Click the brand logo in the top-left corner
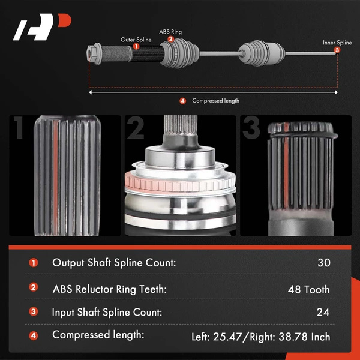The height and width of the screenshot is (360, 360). tap(42, 27)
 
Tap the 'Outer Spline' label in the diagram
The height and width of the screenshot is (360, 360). tap(136, 40)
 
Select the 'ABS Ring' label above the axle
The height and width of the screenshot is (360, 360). tap(170, 32)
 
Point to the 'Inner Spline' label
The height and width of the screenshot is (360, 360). tap(337, 43)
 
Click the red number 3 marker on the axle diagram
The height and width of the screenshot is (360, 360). tap(337, 50)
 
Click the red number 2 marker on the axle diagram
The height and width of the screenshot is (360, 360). tap(170, 39)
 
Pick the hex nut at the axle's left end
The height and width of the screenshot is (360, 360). tap(94, 54)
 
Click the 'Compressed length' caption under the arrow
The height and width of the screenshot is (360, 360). tap(215, 101)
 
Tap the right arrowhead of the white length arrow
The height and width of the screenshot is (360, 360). tap(336, 92)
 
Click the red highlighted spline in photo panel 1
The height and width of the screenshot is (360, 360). tap(56, 178)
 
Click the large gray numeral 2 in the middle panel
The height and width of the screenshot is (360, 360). tap(136, 128)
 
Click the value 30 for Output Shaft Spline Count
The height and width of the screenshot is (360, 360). tap(324, 263)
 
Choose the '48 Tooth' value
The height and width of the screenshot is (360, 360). tap(309, 290)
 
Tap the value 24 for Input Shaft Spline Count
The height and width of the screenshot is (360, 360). tap(323, 312)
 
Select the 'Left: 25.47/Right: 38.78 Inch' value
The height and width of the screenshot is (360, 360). tap(261, 337)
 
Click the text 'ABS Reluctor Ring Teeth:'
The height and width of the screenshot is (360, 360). tap(110, 289)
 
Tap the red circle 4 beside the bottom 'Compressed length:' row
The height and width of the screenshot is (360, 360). tap(34, 336)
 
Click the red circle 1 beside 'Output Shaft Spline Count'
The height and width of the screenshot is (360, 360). tap(34, 263)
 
